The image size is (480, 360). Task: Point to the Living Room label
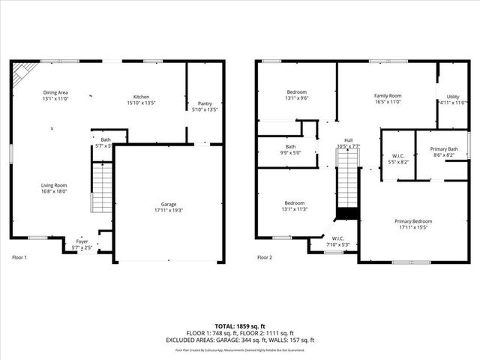point(54,187)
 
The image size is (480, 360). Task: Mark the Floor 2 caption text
point(264,257)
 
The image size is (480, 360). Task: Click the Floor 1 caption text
point(19,257)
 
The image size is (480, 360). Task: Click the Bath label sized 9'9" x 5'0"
point(290,149)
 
